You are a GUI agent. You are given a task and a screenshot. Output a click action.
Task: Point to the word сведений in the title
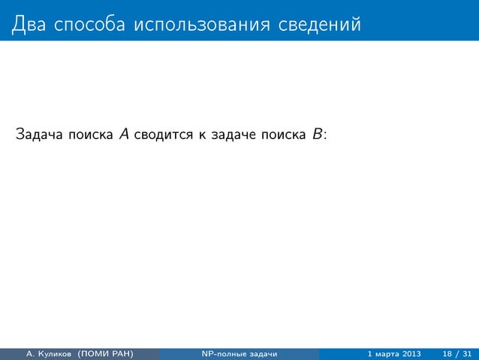pyautogui.click(x=317, y=25)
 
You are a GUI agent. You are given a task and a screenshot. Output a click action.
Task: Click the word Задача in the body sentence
pyautogui.click(x=38, y=135)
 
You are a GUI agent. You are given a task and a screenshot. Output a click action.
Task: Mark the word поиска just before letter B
pyautogui.click(x=284, y=135)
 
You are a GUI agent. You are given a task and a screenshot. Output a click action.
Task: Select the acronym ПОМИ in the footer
pyautogui.click(x=104, y=353)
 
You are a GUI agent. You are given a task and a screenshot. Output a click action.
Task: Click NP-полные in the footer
pyautogui.click(x=222, y=353)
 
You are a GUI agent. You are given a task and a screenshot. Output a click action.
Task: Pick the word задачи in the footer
pyautogui.click(x=264, y=353)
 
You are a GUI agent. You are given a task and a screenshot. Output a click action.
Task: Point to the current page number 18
pyautogui.click(x=447, y=353)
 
